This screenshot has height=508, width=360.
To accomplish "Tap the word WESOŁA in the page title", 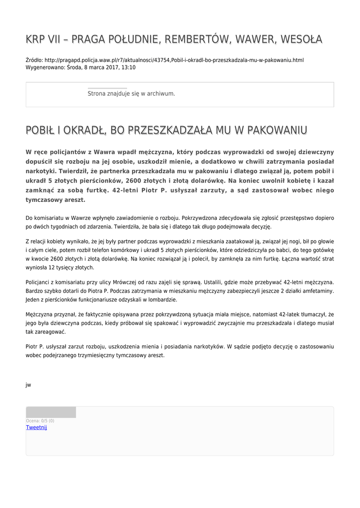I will click(300, 39).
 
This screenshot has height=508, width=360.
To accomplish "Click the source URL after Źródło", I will click(174, 60).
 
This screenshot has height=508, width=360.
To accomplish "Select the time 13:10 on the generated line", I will click(128, 67).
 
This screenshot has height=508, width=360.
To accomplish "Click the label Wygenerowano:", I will click(44, 67).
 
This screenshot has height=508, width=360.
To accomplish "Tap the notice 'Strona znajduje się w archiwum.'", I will click(131, 93).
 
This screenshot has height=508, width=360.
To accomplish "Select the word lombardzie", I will click(161, 300).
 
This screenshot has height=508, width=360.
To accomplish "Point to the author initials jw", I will click(28, 385).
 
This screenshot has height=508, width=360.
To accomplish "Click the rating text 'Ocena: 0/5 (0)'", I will click(40, 421).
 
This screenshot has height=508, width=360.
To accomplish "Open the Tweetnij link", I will click(36, 427).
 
